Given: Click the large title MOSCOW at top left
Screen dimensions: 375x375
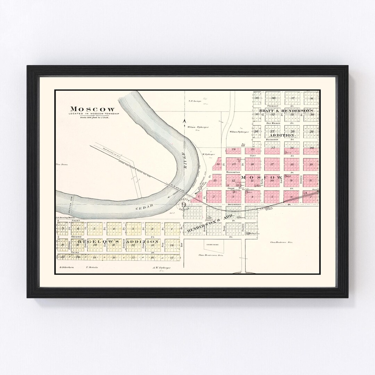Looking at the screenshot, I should [x=92, y=109].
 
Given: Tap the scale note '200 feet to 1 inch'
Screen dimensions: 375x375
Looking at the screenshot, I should [x=95, y=118].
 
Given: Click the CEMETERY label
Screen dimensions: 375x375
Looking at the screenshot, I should [x=212, y=245].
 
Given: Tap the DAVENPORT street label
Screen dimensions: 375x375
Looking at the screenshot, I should [x=234, y=205].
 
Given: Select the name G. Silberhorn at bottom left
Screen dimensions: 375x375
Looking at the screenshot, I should [x=65, y=268].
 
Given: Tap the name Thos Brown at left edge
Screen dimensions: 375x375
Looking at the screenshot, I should [x=63, y=164].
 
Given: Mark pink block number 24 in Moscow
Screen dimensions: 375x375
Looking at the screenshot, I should [x=234, y=149].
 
